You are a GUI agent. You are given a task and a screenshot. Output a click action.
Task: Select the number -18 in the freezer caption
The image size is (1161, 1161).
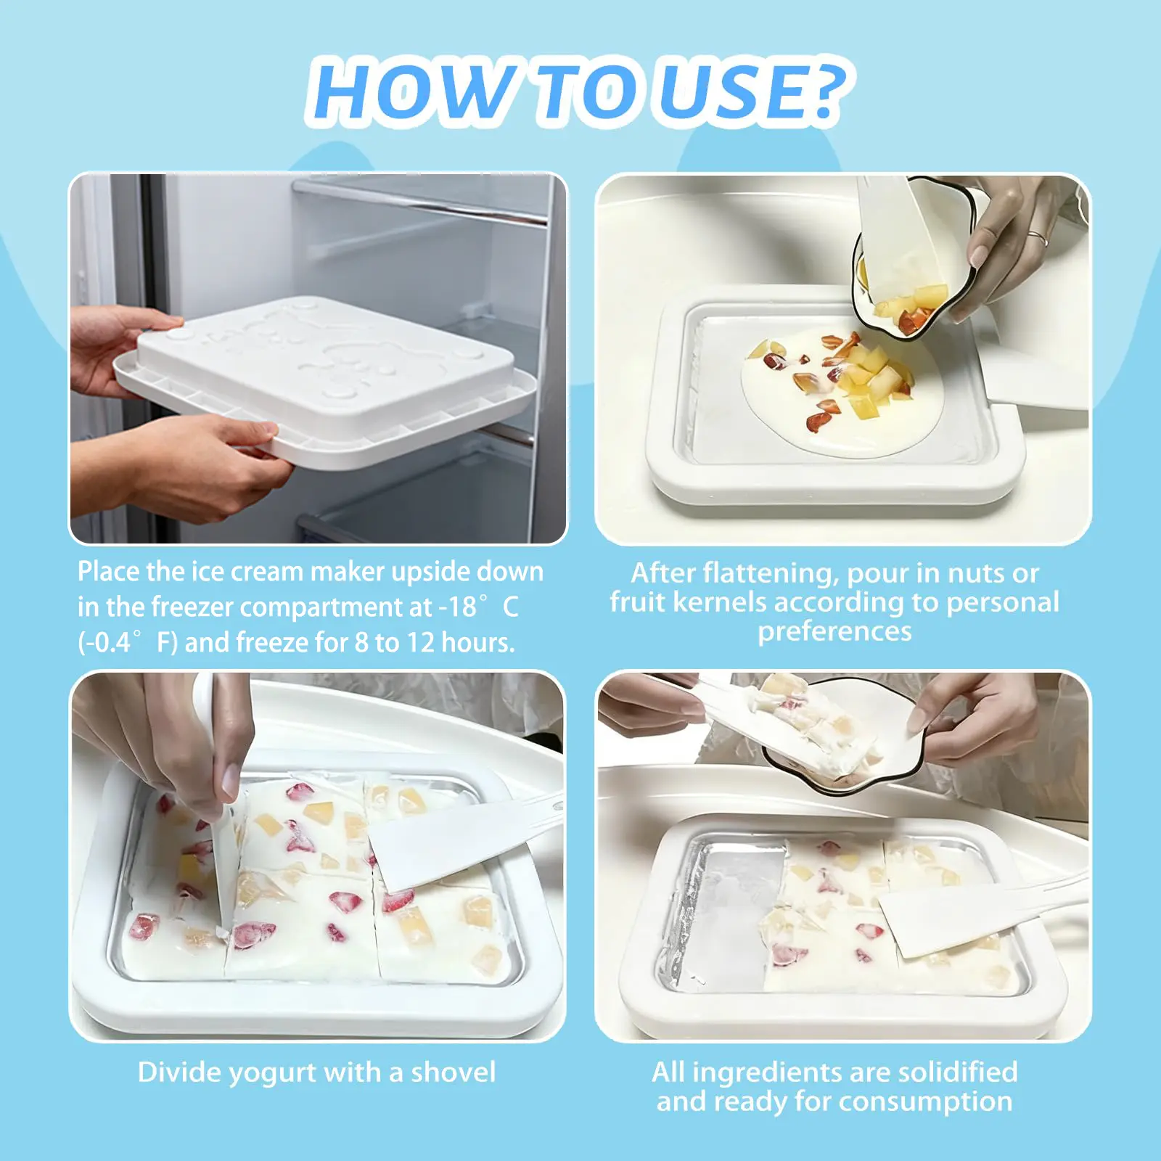[457, 607]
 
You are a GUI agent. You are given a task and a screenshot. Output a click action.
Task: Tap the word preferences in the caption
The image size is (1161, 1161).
[834, 632]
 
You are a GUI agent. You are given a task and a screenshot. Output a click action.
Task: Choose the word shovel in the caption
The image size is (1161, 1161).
[454, 1072]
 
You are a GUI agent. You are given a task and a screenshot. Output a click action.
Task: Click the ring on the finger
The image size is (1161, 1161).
[1038, 238]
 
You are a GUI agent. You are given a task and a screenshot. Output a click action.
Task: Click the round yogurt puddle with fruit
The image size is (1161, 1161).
[842, 393]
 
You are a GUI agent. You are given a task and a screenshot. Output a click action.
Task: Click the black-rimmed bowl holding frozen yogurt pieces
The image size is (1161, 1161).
[842, 737]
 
